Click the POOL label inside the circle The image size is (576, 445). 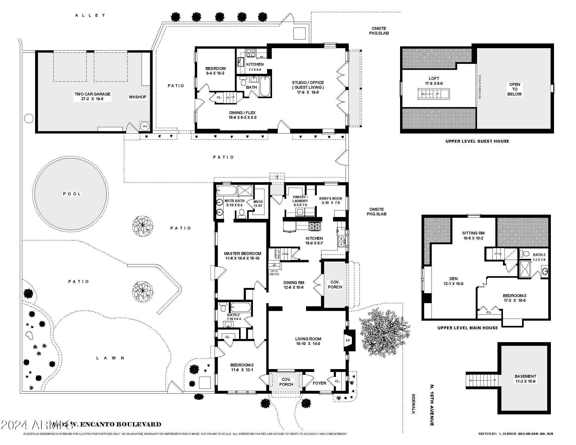pyautogui.click(x=72, y=194)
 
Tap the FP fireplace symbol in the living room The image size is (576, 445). pyautogui.click(x=348, y=340)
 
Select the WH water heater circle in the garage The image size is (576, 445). pyautogui.click(x=145, y=126)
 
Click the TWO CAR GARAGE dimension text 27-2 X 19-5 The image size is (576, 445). pyautogui.click(x=92, y=99)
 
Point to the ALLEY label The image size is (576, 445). pyautogui.click(x=90, y=15)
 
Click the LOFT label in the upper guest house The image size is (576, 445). pyautogui.click(x=434, y=78)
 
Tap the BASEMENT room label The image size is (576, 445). pyautogui.click(x=525, y=376)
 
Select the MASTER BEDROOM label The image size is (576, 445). pyautogui.click(x=242, y=253)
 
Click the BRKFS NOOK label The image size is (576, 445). pyautogui.click(x=330, y=198)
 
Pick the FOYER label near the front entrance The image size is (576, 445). pyautogui.click(x=319, y=383)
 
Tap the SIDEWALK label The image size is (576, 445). pyautogui.click(x=413, y=404)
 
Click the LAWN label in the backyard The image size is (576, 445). pyautogui.click(x=110, y=358)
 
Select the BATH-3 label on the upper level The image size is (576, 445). pyautogui.click(x=539, y=255)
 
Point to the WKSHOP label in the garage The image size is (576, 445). pyautogui.click(x=137, y=97)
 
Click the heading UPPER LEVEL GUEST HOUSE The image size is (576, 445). pyautogui.click(x=477, y=141)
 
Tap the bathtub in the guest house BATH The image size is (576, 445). pyautogui.click(x=264, y=86)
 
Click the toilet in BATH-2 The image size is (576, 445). pyautogui.click(x=223, y=308)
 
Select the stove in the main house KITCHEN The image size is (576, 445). pyautogui.click(x=314, y=226)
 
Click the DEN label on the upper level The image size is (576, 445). pyautogui.click(x=453, y=279)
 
